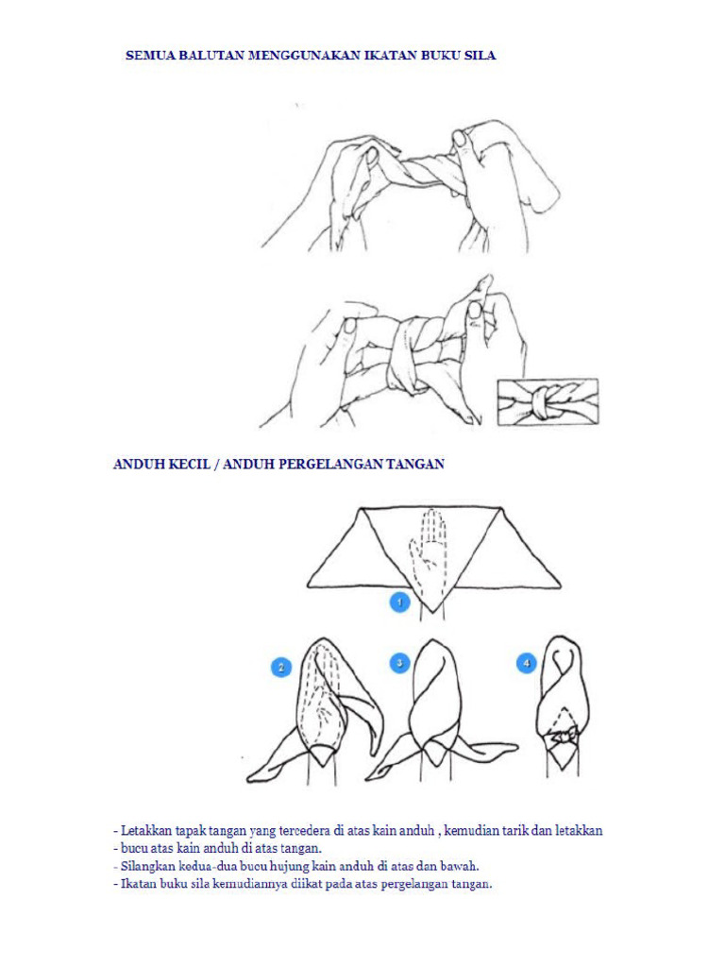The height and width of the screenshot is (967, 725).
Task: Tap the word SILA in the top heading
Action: pos(480,56)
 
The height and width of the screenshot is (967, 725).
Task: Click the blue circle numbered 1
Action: pos(399,602)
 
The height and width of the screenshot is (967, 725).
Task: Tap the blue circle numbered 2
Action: pos(280,668)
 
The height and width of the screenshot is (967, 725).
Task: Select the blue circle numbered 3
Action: pos(399,664)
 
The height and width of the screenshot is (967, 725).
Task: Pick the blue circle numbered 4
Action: pos(526,664)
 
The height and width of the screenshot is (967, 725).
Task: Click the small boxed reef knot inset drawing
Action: pos(548,402)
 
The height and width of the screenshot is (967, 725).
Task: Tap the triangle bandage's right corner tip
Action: pos(559,585)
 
